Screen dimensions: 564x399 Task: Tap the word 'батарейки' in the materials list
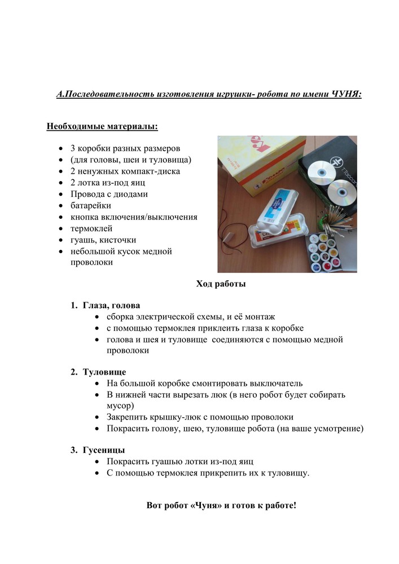[91, 205]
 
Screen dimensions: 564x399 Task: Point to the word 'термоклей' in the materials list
[91, 228]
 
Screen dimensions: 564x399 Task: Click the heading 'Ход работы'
[221, 284]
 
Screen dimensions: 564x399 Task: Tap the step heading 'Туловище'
[104, 372]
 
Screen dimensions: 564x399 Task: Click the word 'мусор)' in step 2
[120, 406]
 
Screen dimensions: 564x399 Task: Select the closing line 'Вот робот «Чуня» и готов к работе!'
[221, 505]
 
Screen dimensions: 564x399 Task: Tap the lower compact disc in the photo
[341, 194]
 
